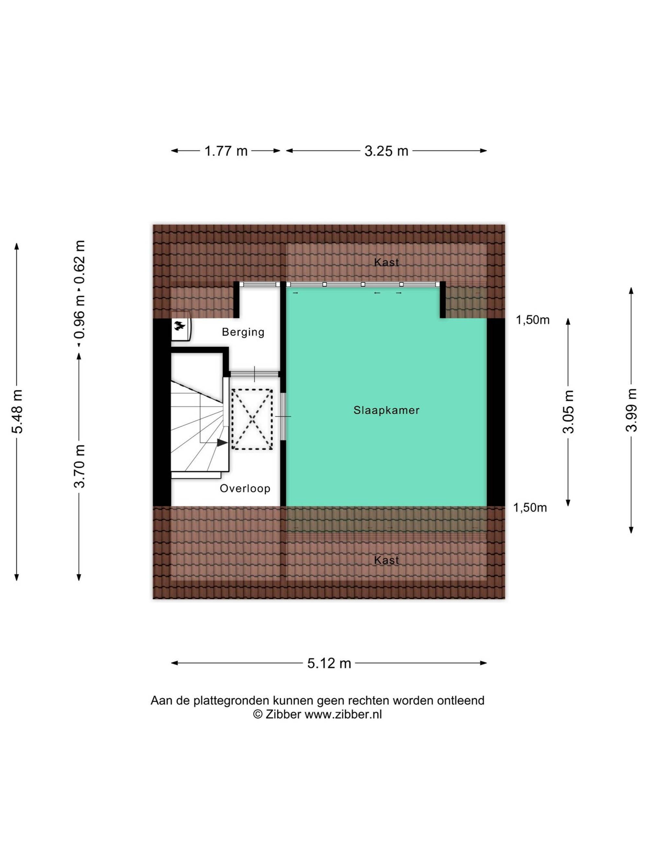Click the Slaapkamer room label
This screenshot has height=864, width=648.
[386, 410]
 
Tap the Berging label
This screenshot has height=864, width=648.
[243, 332]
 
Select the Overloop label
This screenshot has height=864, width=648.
[245, 489]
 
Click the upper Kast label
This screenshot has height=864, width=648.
[386, 262]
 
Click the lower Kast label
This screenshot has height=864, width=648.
[386, 560]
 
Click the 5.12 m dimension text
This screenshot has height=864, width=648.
[329, 663]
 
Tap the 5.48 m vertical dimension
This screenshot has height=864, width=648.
[17, 412]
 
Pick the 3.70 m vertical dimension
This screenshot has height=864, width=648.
[79, 467]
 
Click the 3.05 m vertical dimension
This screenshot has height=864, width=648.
[568, 412]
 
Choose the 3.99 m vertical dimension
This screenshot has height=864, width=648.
[631, 410]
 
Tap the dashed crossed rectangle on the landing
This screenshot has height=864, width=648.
[252, 419]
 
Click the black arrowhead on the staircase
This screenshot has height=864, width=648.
[222, 443]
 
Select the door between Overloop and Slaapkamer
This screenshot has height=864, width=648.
[283, 416]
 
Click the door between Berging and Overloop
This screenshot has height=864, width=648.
[254, 374]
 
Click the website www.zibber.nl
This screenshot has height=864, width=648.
[343, 714]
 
